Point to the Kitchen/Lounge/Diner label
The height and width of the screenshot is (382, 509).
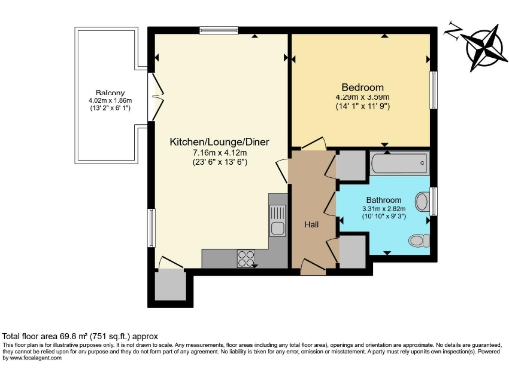coord(210,143)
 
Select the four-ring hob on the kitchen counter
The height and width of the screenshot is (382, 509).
coord(245,257)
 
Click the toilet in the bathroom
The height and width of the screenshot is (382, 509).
coord(424,240)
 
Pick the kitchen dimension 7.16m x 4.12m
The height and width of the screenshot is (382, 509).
coord(210,154)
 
